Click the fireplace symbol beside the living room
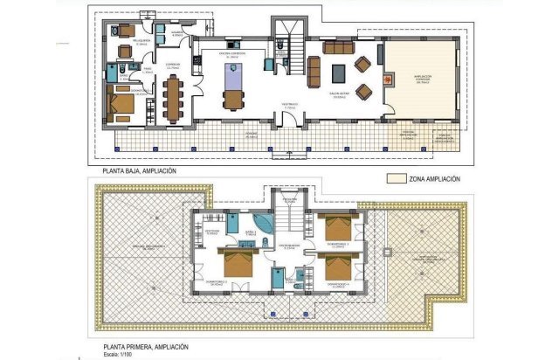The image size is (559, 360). point(381,53)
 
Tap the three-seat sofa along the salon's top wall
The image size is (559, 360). point(336,49)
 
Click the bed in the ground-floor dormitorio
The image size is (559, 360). point(123,107)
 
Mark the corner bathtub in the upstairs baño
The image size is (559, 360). point(262,224)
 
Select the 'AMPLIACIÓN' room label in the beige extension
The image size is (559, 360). point(423,76)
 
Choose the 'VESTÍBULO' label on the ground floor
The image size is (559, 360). point(290,103)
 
